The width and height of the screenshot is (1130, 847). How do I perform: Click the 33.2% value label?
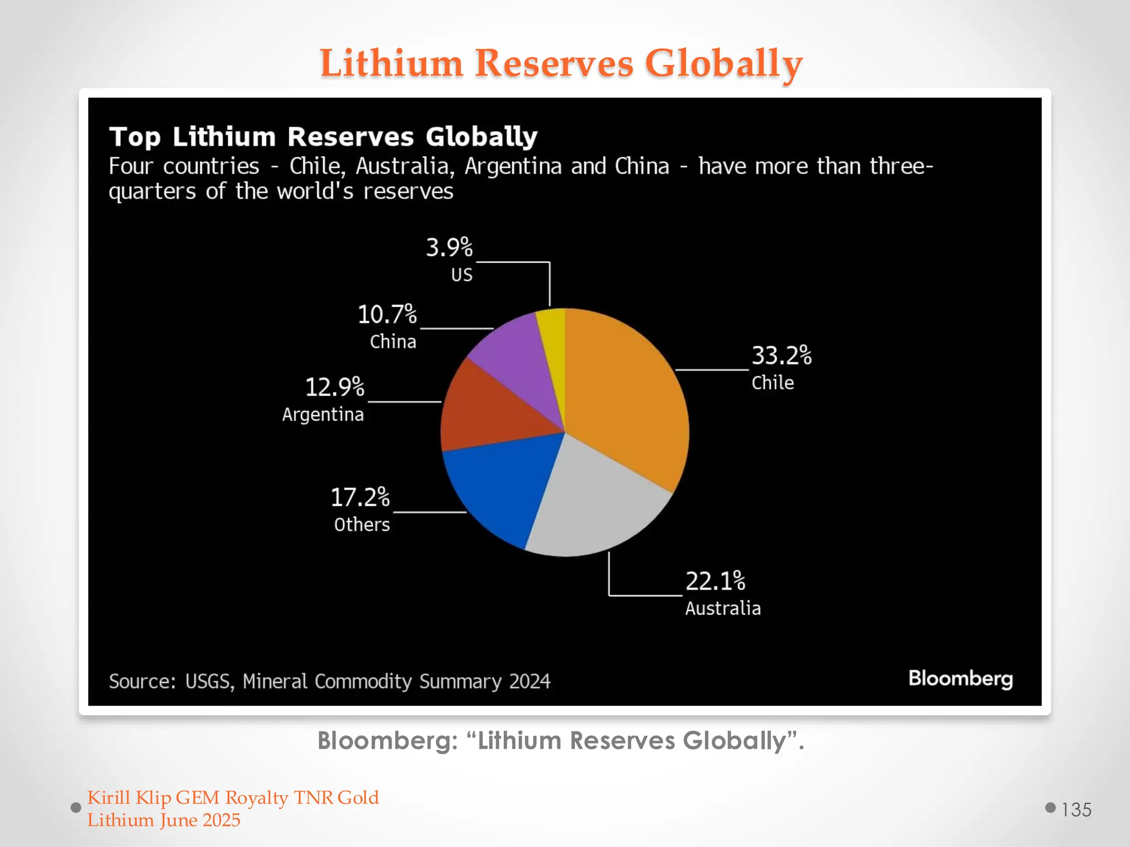[781, 356]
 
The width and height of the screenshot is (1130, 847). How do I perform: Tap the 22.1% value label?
[715, 581]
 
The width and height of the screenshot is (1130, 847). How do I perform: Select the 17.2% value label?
[360, 497]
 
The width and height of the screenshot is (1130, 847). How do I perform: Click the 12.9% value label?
[334, 387]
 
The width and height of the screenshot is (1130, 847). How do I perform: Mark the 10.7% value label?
[387, 314]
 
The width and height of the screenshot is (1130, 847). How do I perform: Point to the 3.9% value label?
[449, 248]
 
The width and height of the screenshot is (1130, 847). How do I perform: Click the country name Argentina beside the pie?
[323, 415]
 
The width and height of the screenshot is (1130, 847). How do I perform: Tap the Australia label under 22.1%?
[723, 608]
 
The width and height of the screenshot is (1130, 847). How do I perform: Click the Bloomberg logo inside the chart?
[960, 678]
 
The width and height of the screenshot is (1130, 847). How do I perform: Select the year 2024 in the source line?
[529, 682]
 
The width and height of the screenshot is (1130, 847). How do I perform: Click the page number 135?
[1076, 810]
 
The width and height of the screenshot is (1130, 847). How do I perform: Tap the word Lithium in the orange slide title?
[391, 63]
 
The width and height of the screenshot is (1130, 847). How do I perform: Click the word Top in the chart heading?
[135, 137]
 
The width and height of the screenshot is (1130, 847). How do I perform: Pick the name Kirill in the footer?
[109, 798]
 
